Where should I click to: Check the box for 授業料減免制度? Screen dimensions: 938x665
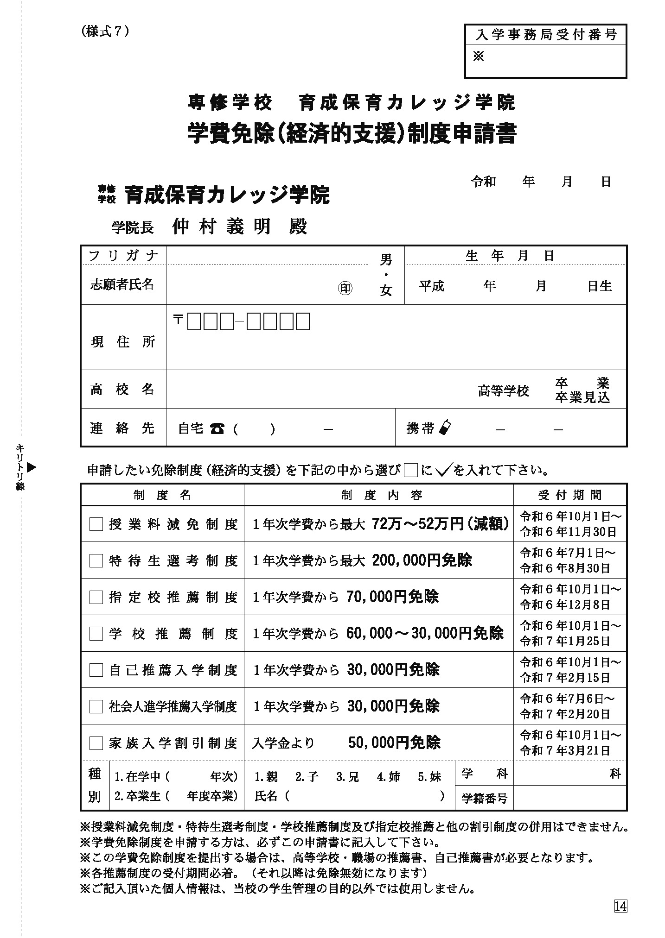click(x=96, y=524)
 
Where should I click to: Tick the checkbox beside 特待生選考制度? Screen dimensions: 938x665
click(x=96, y=561)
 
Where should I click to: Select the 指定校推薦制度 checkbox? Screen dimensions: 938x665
click(x=96, y=598)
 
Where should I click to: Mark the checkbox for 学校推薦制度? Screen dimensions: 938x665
click(x=96, y=634)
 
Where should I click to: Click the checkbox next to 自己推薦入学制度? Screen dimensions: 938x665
click(x=96, y=670)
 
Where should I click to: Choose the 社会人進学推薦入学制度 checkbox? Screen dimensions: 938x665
click(x=96, y=707)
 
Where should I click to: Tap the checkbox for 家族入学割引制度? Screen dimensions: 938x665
click(x=96, y=743)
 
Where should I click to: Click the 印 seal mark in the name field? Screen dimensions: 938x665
click(x=345, y=289)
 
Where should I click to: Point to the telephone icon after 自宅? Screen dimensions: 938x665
click(x=217, y=429)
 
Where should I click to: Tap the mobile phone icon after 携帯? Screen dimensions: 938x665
click(x=444, y=428)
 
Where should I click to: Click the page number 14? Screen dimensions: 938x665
click(x=620, y=906)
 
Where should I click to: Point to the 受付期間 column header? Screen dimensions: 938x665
click(x=570, y=495)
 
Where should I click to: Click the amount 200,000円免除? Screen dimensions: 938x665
click(x=422, y=560)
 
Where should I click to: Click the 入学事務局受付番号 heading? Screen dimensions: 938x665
click(x=546, y=35)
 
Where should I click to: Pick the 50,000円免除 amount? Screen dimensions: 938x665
click(x=394, y=743)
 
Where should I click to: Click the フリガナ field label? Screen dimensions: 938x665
click(x=123, y=256)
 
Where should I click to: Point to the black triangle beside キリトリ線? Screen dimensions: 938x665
click(x=32, y=467)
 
